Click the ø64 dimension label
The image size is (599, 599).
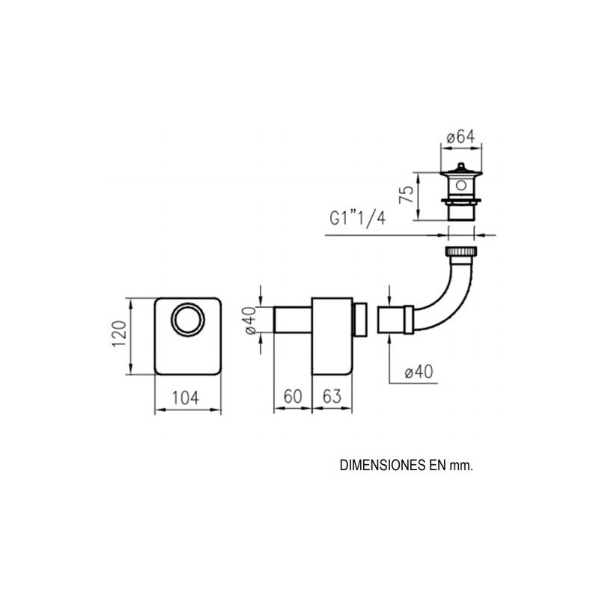pyautogui.click(x=460, y=137)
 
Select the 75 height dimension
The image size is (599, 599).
pyautogui.click(x=407, y=195)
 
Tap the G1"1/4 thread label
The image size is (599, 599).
pyautogui.click(x=358, y=219)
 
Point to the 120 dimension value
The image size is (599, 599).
pyautogui.click(x=119, y=334)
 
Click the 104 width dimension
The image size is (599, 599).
pyautogui.click(x=185, y=398)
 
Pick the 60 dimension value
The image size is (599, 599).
pyautogui.click(x=293, y=396)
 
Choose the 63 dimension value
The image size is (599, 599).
pyautogui.click(x=332, y=396)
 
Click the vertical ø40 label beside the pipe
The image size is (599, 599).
pyautogui.click(x=250, y=320)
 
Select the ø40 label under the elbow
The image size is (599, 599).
pyautogui.click(x=419, y=371)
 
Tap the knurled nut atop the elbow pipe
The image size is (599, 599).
pyautogui.click(x=461, y=252)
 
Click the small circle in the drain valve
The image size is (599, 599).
pyautogui.click(x=461, y=186)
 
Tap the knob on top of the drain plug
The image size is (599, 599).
pyautogui.click(x=461, y=166)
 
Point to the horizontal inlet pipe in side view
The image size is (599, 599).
pyautogui.click(x=293, y=320)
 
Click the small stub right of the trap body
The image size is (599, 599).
pyautogui.click(x=360, y=320)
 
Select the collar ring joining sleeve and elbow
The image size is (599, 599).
pyautogui.click(x=409, y=320)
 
